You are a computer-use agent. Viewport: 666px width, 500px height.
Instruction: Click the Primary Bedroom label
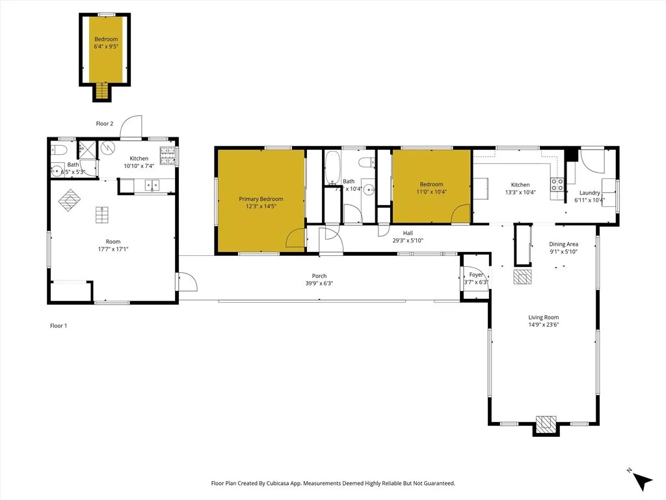pyautogui.click(x=261, y=199)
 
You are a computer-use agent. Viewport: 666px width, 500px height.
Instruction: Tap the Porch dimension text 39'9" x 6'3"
pyautogui.click(x=319, y=283)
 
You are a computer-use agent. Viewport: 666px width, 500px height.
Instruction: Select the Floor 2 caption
pyautogui.click(x=105, y=124)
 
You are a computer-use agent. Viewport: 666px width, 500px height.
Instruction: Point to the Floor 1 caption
pyautogui.click(x=59, y=326)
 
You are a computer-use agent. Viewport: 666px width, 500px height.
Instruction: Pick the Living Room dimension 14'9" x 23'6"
pyautogui.click(x=543, y=324)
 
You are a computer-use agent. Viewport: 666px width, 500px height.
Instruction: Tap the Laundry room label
pyautogui.click(x=589, y=193)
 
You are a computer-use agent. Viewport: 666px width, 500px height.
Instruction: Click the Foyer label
pyautogui.click(x=477, y=275)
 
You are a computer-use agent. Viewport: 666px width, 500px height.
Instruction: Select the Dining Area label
pyautogui.click(x=563, y=244)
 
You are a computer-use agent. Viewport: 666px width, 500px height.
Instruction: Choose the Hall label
pyautogui.click(x=408, y=233)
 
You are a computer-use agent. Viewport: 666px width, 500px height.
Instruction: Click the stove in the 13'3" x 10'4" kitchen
pyautogui.click(x=557, y=184)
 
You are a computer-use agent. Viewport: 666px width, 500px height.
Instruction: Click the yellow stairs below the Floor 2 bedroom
pyautogui.click(x=101, y=92)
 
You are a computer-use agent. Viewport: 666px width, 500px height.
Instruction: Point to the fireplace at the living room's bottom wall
pyautogui.click(x=545, y=424)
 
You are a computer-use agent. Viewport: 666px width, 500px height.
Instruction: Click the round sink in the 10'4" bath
pyautogui.click(x=368, y=189)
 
